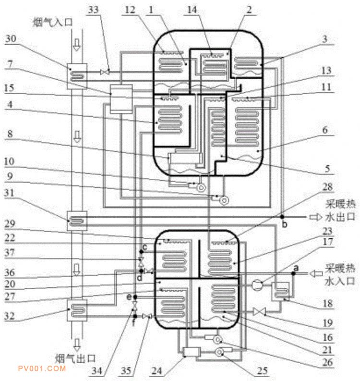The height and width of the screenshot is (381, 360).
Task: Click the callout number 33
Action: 94,10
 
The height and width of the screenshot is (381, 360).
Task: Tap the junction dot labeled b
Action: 282,216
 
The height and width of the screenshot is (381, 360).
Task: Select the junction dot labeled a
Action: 293,273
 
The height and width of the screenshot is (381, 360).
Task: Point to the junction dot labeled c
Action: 141,251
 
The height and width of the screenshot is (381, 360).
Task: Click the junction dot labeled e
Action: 135,297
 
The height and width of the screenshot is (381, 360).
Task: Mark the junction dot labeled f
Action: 135,316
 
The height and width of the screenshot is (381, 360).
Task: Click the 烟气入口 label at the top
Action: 52,23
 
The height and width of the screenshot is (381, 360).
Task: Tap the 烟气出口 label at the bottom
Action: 75,358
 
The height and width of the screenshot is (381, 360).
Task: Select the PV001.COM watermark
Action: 42,369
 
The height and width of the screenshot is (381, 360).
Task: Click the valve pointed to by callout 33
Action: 105,72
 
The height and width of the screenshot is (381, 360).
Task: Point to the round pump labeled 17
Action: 257,284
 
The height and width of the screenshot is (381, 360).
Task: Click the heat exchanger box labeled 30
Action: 77,76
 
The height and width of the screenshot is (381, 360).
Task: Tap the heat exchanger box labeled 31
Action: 77,221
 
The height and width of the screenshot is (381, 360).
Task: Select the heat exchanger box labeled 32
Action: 77,310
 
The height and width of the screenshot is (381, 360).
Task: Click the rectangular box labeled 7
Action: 121,99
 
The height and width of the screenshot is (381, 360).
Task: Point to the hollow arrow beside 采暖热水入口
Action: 316,274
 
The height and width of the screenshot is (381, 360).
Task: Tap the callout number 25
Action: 262,371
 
